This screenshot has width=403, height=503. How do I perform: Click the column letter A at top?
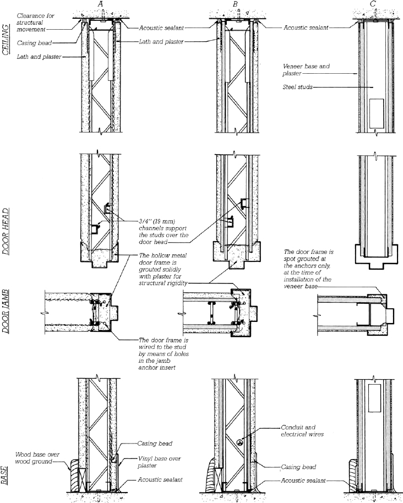(x=100, y=4)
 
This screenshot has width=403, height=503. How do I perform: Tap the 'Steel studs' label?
(x=298, y=86)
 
